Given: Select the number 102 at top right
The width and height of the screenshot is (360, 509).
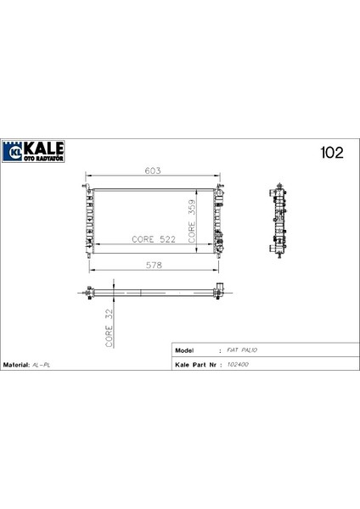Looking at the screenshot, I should tap(330, 153).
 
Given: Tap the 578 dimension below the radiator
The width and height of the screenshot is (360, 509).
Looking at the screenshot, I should tap(153, 264).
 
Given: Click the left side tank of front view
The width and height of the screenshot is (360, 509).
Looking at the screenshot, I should tap(89, 218).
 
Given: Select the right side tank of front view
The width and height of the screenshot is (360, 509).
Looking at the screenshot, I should tap(218, 218).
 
